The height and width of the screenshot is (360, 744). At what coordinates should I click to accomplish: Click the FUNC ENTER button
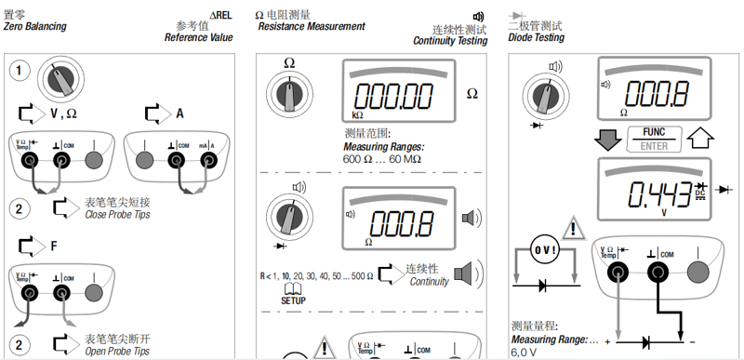coord(654,139)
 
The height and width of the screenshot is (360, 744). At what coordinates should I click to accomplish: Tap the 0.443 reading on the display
coord(659,193)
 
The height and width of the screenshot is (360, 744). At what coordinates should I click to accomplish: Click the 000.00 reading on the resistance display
coord(394,96)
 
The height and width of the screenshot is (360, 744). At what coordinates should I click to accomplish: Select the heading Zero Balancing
coord(35,27)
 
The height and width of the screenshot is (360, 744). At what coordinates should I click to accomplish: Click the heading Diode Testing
coord(537,37)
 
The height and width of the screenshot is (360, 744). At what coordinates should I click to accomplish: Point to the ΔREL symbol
coord(220,15)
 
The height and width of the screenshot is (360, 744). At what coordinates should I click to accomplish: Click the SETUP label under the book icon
coord(293,300)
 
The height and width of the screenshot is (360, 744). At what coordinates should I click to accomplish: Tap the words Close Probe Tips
coord(118,214)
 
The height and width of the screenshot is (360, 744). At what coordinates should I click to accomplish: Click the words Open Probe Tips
coord(117,352)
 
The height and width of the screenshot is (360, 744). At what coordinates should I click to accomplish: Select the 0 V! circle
coord(544,250)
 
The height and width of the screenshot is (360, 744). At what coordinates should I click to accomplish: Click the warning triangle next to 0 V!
coord(573,229)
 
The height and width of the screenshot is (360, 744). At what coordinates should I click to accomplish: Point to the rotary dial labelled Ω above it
coord(289,93)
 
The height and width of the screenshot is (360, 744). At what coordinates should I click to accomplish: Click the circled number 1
coord(19,71)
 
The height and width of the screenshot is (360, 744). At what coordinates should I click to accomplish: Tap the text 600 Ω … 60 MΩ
coord(382,159)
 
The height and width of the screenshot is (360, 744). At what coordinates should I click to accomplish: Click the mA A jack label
coord(206,146)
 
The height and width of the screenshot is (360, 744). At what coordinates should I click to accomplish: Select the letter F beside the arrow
coord(54,247)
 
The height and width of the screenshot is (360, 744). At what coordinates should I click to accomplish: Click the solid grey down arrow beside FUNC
coord(608,139)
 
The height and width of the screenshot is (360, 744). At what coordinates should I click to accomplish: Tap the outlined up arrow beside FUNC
coord(700,139)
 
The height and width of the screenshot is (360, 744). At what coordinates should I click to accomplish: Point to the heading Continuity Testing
coord(450,41)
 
